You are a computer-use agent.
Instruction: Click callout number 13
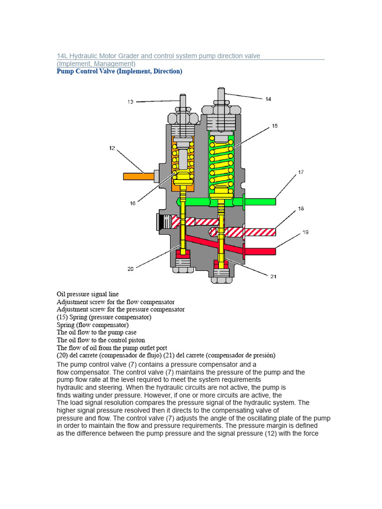(x=130, y=102)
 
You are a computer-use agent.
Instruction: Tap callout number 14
(x=268, y=99)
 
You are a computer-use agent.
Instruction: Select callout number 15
(x=274, y=126)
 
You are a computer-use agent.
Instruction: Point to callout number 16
(x=132, y=203)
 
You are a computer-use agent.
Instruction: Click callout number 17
(x=300, y=172)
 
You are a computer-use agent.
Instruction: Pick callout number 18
(x=300, y=209)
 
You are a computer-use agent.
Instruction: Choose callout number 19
(x=305, y=232)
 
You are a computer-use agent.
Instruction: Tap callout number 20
(x=130, y=268)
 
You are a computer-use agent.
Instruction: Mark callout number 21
(x=273, y=277)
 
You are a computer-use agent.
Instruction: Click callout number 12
(x=112, y=148)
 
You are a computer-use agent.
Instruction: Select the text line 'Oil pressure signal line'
(x=88, y=294)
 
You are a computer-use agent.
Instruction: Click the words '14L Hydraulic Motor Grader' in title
(x=99, y=56)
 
